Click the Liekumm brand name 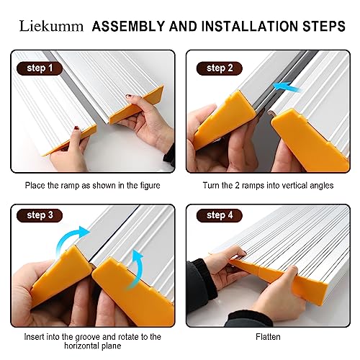tap(48, 27)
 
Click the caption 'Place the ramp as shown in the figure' tap(93, 186)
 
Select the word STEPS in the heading tap(323, 27)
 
